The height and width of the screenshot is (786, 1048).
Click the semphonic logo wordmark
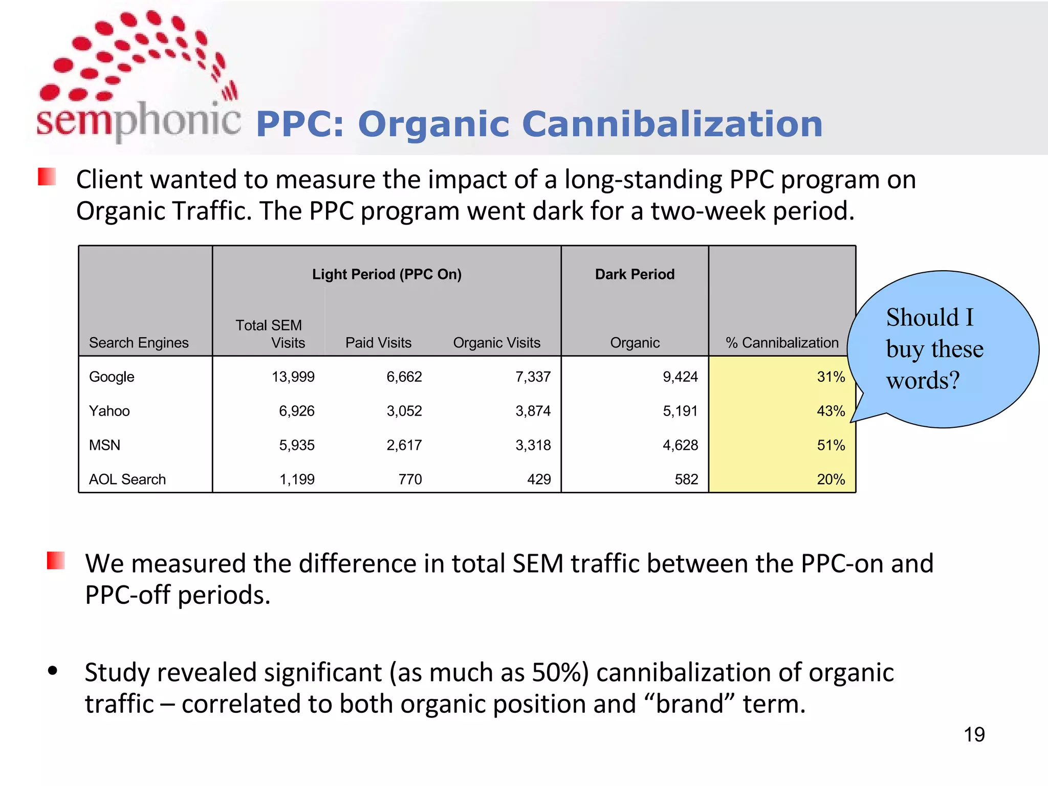pyautogui.click(x=138, y=120)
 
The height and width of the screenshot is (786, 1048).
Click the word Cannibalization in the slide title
pyautogui.click(x=672, y=124)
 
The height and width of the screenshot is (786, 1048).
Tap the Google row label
pyautogui.click(x=112, y=377)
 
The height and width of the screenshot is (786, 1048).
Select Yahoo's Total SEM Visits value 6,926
pyautogui.click(x=296, y=411)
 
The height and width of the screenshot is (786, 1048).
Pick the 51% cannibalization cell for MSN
pyautogui.click(x=831, y=445)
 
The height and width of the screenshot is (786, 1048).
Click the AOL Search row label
pyautogui.click(x=127, y=479)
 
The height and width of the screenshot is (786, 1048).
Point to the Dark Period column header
pyautogui.click(x=635, y=274)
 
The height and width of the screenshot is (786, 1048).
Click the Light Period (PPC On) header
pyautogui.click(x=387, y=274)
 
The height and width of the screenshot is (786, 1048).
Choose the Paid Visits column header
pyautogui.click(x=378, y=343)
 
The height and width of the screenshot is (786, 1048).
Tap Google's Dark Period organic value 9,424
pyautogui.click(x=680, y=377)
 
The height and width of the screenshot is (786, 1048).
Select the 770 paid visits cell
pyautogui.click(x=410, y=479)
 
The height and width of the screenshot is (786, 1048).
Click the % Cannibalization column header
pyautogui.click(x=782, y=343)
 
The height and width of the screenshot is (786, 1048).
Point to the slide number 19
pyautogui.click(x=974, y=735)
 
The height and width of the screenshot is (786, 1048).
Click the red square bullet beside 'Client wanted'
pyautogui.click(x=47, y=177)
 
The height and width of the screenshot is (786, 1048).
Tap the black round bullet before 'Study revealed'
pyautogui.click(x=53, y=671)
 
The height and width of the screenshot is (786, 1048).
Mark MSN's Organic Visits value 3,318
pyautogui.click(x=533, y=445)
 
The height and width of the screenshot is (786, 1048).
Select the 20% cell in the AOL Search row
pyautogui.click(x=831, y=479)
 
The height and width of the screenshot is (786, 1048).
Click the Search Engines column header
pyautogui.click(x=139, y=343)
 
